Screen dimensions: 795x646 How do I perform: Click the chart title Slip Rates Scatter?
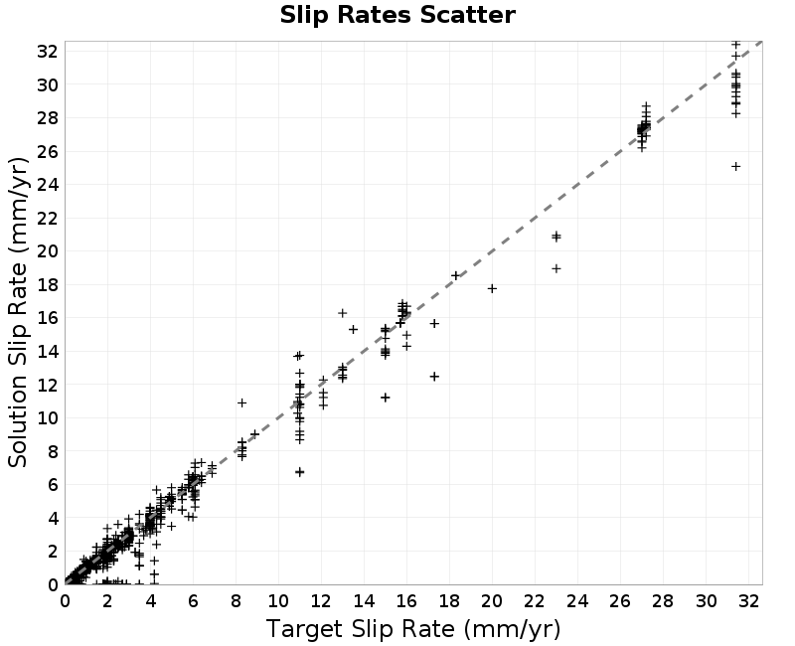[397, 15]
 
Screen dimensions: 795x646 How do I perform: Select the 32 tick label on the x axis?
[749, 601]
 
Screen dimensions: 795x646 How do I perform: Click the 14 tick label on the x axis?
[364, 601]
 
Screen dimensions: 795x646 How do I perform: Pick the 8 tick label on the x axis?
[236, 601]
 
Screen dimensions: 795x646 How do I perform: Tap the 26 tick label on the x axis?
[620, 601]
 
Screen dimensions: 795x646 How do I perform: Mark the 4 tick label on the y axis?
[54, 518]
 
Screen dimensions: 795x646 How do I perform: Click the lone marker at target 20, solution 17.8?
[492, 288]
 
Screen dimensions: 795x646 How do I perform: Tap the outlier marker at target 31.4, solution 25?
[735, 166]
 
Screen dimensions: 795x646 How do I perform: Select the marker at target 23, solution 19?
[556, 268]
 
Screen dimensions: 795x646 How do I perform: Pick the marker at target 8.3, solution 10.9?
[241, 403]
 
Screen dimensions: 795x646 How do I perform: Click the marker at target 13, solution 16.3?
[342, 313]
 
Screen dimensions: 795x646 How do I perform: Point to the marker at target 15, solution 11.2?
[386, 398]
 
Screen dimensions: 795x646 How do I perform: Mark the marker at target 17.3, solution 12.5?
[434, 377]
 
